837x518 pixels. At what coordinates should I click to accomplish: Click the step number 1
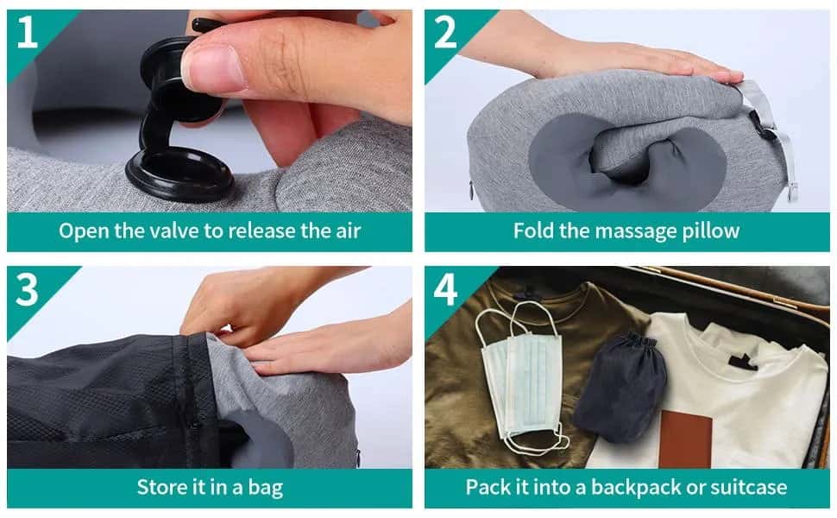tap(28, 32)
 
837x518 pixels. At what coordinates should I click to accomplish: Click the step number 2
tap(445, 32)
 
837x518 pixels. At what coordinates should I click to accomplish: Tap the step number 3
tap(28, 290)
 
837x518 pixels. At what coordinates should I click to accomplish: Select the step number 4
tap(445, 290)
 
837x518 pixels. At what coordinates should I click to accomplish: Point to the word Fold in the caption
tap(532, 231)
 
